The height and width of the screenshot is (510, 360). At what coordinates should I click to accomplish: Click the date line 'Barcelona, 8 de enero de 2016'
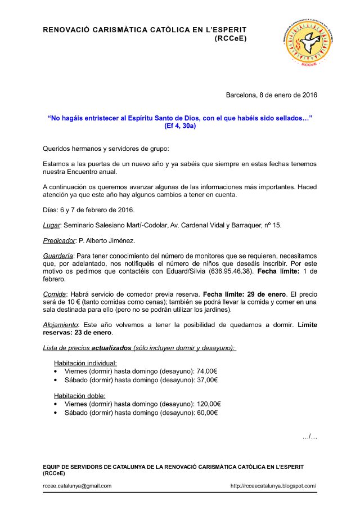[x=271, y=95]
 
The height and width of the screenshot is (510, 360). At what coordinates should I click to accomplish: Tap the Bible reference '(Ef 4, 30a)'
[x=180, y=126]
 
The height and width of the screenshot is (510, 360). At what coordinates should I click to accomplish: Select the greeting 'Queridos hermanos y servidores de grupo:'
[x=106, y=149]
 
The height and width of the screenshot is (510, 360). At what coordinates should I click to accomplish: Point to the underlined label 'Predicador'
[x=59, y=240]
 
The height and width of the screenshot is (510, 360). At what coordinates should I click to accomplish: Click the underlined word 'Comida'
[x=55, y=294]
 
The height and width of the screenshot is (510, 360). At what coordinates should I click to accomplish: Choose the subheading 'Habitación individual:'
[x=85, y=364]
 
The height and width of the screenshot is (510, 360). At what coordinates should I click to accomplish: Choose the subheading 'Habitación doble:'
[x=79, y=396]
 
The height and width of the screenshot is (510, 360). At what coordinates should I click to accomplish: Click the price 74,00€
[x=207, y=372]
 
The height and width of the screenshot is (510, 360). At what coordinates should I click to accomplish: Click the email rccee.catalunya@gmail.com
[x=77, y=486]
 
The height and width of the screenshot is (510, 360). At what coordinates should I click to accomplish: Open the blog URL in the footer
[x=273, y=486]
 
